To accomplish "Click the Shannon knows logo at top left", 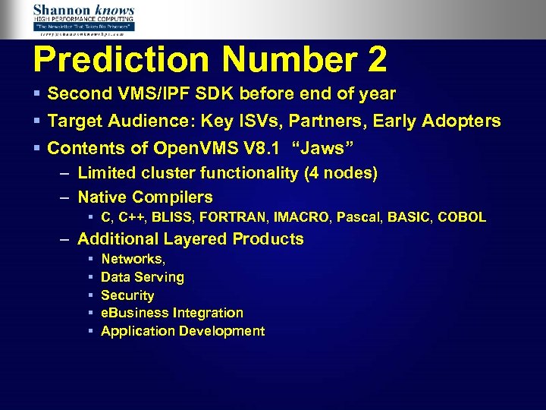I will [83, 19].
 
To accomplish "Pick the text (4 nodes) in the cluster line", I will [340, 173].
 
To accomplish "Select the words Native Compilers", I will [146, 197].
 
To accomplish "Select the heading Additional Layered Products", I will [190, 239].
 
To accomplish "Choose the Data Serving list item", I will [143, 277].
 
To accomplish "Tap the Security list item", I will [127, 295].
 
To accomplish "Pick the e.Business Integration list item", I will [172, 313].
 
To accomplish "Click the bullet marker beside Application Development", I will [90, 331].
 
